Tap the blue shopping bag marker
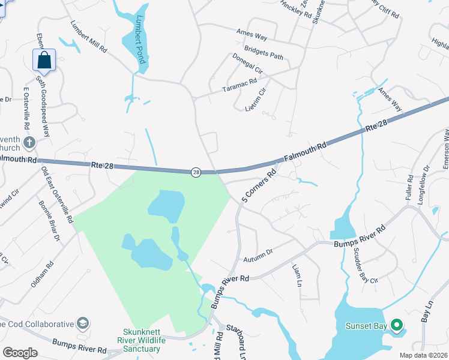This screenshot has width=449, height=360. pyautogui.click(x=44, y=59)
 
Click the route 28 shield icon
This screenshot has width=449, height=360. pyautogui.click(x=196, y=172)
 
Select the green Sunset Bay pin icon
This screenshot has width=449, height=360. pyautogui.click(x=396, y=326)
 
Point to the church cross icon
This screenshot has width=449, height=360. pyautogui.click(x=29, y=143)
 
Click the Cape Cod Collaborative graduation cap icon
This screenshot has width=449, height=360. pyautogui.click(x=83, y=324)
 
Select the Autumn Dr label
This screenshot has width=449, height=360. pyautogui.click(x=258, y=256)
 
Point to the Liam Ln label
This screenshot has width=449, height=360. pyautogui.click(x=297, y=274)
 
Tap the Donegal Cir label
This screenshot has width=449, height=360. pyautogui.click(x=247, y=62)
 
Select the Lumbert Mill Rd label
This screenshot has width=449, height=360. pyautogui.click(x=88, y=37)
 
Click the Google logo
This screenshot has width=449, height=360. pyautogui.click(x=20, y=352)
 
